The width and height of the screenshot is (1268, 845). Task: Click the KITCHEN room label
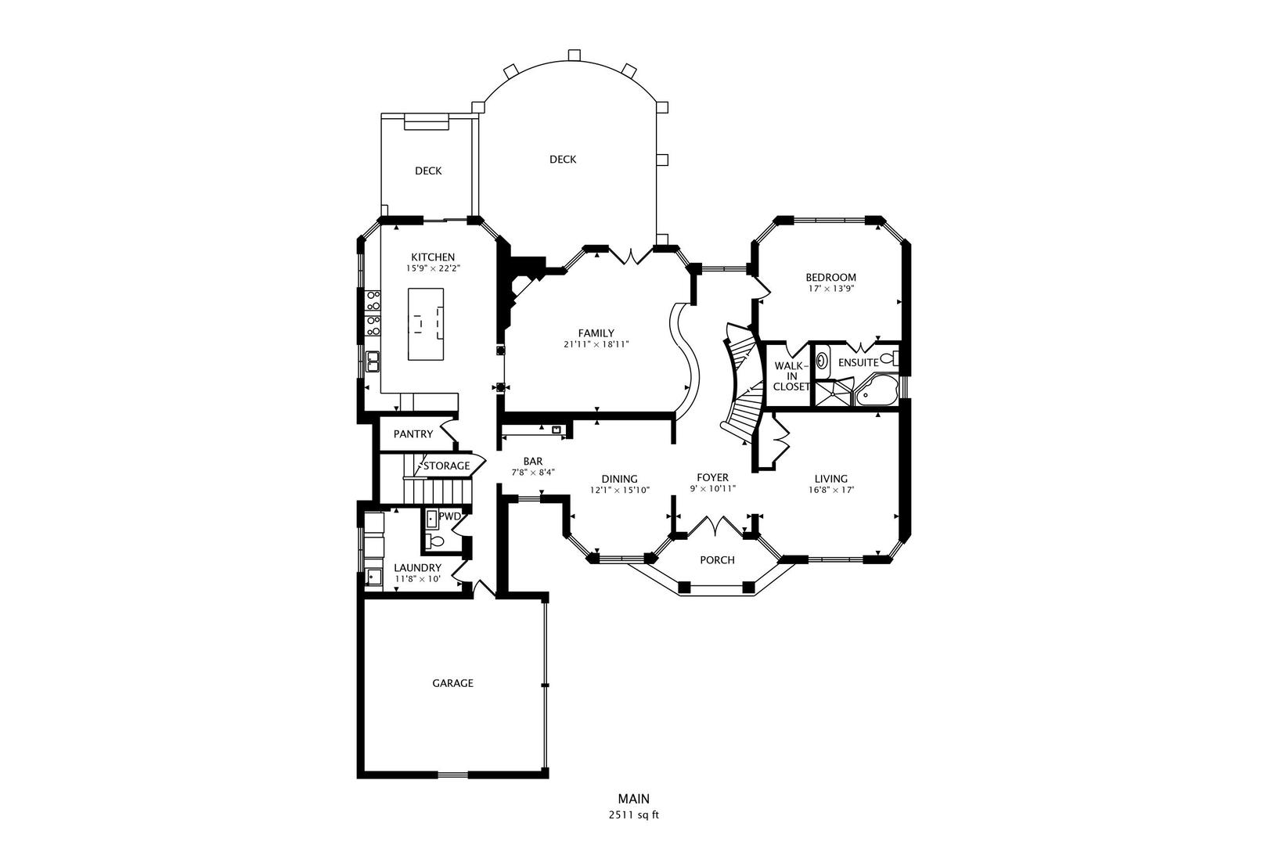(433, 257)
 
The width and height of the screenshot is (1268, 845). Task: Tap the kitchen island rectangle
(426, 324)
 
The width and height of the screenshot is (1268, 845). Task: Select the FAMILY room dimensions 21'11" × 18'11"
(596, 344)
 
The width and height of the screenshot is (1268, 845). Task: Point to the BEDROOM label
(830, 277)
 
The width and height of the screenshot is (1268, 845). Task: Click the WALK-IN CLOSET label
(791, 376)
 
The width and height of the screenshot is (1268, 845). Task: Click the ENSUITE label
(858, 363)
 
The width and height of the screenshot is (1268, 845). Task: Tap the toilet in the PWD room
(435, 541)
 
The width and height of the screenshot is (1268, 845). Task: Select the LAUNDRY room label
(417, 568)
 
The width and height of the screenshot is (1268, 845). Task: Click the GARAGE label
(452, 683)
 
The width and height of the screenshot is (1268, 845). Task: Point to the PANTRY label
(412, 434)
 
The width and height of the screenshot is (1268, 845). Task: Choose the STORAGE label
(447, 466)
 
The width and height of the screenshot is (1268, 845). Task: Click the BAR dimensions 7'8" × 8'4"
(533, 473)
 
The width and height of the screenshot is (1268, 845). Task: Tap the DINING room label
(619, 479)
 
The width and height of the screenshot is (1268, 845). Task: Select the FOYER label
(712, 478)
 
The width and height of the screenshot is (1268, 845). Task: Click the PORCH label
(717, 559)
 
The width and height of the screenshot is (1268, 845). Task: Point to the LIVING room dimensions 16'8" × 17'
(831, 490)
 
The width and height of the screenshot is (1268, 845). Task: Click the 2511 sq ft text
(633, 815)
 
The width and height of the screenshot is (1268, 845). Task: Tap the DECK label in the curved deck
(563, 160)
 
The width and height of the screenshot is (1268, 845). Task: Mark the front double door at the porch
(715, 526)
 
